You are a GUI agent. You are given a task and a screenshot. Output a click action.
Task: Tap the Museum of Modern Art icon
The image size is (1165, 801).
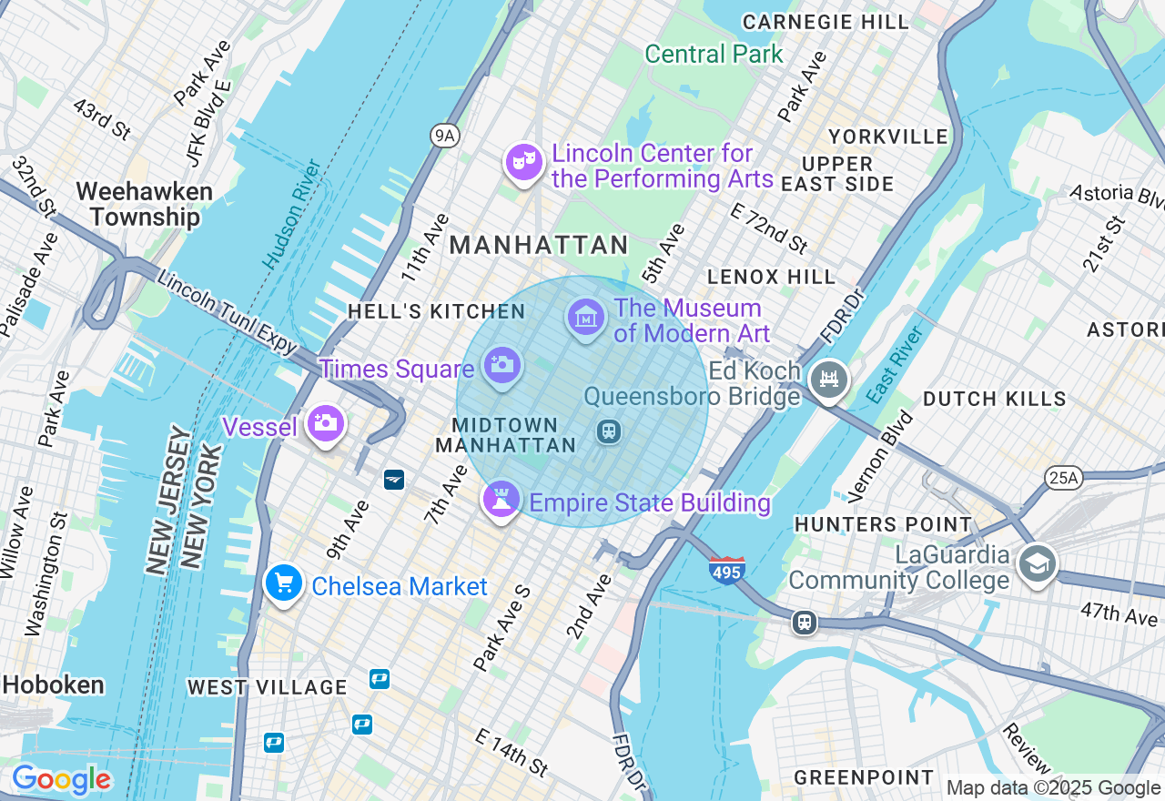pos(586,318)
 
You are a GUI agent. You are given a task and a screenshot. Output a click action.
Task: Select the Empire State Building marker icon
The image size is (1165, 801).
pos(501,500)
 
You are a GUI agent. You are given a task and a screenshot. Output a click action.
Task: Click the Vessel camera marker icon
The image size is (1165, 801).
pos(325,423)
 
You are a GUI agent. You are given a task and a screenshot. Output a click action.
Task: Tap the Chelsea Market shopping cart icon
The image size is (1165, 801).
pos(283,583)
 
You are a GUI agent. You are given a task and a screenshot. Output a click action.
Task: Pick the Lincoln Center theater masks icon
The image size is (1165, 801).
pos(524,163)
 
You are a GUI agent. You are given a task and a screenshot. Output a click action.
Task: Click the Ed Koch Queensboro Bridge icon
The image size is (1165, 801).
pos(828,380)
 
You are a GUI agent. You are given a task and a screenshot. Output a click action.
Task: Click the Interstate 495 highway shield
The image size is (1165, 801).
pos(727,570)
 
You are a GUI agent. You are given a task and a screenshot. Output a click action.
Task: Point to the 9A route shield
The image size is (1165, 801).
pos(443,137)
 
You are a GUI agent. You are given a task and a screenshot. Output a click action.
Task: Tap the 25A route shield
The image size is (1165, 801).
pos(1061,476)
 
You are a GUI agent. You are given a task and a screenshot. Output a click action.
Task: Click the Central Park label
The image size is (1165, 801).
pos(714,55)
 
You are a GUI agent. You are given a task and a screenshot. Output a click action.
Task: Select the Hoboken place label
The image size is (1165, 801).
pos(52,685)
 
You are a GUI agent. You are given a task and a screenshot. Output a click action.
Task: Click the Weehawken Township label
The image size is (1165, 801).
pos(145,205)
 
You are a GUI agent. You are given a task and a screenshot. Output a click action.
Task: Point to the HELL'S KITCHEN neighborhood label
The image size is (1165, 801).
pos(436,312)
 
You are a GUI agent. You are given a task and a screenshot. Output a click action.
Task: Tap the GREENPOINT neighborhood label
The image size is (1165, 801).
pos(864,777)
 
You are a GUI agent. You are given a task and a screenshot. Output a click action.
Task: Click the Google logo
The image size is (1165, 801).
pos(61,780)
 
